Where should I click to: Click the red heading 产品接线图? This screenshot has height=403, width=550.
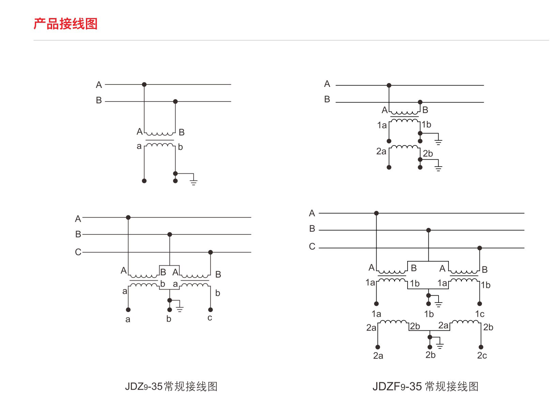coord(65,24)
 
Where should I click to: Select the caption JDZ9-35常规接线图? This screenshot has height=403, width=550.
coord(171,386)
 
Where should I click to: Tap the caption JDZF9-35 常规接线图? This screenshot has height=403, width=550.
coord(425,386)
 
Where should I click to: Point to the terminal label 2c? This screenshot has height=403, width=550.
coord(482,356)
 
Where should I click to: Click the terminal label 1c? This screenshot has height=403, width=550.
coord(480,314)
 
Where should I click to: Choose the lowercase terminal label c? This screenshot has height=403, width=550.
coord(210,318)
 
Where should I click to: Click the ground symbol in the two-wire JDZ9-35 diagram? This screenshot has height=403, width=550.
coord(194,181)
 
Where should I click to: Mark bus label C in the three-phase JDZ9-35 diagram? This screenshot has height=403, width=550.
coord(78,252)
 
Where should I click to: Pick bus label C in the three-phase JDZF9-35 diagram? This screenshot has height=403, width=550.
coord(312,246)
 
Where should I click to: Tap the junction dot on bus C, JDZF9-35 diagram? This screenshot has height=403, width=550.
coord(479,248)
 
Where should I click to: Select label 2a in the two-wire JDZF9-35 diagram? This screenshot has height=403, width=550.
coord(381,151)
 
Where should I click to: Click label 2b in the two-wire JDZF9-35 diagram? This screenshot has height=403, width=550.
coord(428,154)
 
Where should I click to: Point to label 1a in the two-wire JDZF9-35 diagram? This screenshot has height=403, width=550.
coord(382,125)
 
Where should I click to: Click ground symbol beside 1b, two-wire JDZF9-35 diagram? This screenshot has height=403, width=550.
coord(438,141)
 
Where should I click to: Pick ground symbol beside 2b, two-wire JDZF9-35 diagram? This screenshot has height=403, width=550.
coord(438,167)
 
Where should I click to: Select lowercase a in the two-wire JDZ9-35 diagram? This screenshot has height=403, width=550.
coord(139,146)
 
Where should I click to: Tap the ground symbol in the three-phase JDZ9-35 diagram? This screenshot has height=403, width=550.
coord(180,308)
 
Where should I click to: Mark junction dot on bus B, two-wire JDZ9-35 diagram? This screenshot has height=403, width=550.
coord(175,102)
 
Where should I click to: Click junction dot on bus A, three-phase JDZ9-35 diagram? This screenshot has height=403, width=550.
coord(128,217)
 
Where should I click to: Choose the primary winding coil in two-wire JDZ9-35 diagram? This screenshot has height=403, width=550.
coord(159,134)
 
